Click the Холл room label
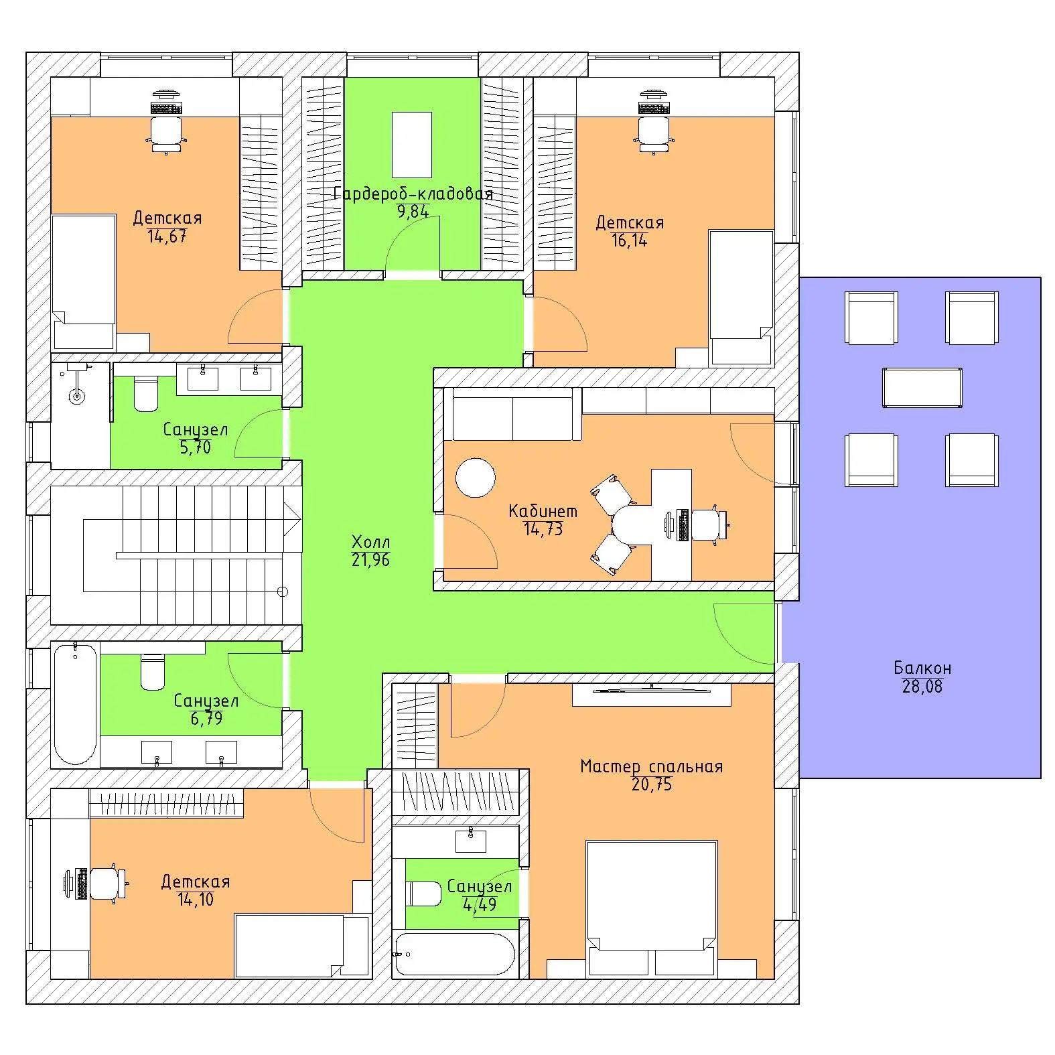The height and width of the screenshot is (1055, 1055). (370, 542)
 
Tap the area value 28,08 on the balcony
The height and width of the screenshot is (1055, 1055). (922, 687)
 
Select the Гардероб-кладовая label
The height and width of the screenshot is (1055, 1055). (413, 194)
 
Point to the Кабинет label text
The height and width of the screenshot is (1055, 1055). (543, 511)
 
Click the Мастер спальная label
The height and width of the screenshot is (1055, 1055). (652, 766)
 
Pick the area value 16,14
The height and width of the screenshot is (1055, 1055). (630, 240)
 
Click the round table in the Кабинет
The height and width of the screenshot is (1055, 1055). (476, 478)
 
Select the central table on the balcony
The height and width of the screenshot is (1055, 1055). (922, 387)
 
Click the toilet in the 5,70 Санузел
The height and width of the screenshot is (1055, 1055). (146, 395)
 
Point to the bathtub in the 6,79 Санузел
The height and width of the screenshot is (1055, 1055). (75, 704)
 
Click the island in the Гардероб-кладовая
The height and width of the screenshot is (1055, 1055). (412, 144)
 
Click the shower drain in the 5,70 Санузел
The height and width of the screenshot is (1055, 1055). (78, 397)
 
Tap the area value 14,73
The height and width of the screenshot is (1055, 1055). (543, 529)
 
